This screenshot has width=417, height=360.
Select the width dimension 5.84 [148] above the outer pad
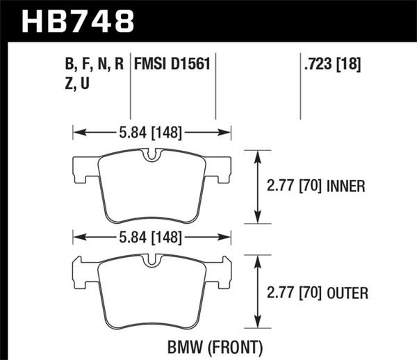point(152,237)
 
